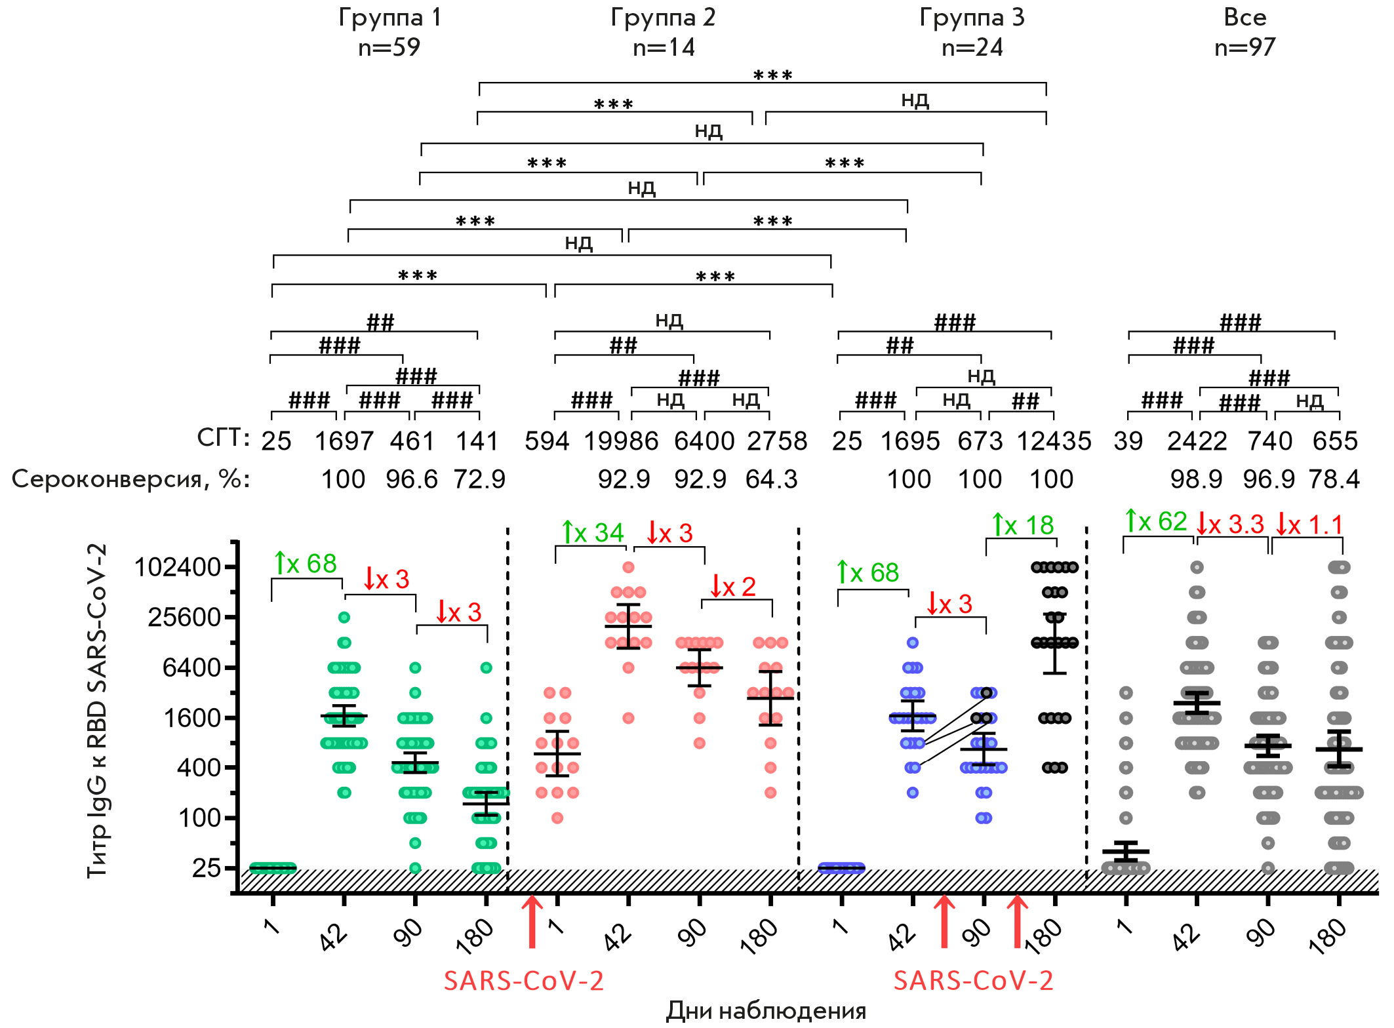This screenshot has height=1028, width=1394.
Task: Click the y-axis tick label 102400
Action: [x=177, y=566]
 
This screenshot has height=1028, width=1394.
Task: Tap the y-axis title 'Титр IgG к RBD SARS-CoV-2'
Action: [x=97, y=711]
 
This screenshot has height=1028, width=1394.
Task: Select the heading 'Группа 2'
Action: [x=663, y=17]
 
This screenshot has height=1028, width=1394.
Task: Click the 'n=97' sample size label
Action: [x=1245, y=47]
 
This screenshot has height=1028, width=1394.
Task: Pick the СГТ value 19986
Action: [x=621, y=441]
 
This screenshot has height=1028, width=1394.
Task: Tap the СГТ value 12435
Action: [x=1054, y=441]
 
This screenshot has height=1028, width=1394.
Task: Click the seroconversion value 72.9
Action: [x=479, y=479]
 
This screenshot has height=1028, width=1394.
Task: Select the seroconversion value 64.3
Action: [x=771, y=479]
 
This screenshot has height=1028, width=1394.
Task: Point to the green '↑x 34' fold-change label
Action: [x=593, y=532]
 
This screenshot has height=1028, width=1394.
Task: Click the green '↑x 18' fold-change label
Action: [x=1022, y=524]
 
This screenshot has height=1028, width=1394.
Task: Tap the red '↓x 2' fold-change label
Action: [x=732, y=586]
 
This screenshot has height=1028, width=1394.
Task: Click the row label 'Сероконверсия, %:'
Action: [x=130, y=479]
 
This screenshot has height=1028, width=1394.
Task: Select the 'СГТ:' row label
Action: [x=223, y=438]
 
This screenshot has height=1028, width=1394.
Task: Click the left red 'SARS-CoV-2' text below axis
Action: [x=523, y=981]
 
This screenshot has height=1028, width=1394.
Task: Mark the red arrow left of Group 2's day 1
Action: [x=532, y=922]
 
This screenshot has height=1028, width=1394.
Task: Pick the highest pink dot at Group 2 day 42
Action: [x=628, y=567]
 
